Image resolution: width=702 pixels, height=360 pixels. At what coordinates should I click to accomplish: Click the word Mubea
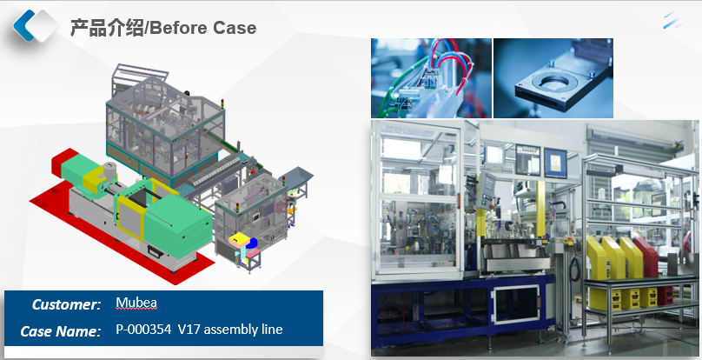[x=136, y=303]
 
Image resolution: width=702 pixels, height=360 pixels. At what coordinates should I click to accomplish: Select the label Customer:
[x=67, y=304]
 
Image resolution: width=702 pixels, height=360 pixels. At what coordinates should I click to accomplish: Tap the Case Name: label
[x=61, y=331]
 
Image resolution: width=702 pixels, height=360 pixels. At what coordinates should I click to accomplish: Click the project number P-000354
[x=143, y=330]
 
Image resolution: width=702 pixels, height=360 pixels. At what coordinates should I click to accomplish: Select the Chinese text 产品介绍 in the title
[x=107, y=28]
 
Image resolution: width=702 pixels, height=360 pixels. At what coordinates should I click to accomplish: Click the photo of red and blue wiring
[x=431, y=78]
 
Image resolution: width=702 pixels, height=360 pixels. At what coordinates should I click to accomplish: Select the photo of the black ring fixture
[x=553, y=78]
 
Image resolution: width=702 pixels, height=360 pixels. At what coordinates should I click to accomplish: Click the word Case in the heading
[x=235, y=28]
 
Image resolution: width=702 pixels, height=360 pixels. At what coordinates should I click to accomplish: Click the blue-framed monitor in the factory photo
[x=555, y=163]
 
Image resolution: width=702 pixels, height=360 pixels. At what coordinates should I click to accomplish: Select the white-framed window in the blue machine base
[x=516, y=304]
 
